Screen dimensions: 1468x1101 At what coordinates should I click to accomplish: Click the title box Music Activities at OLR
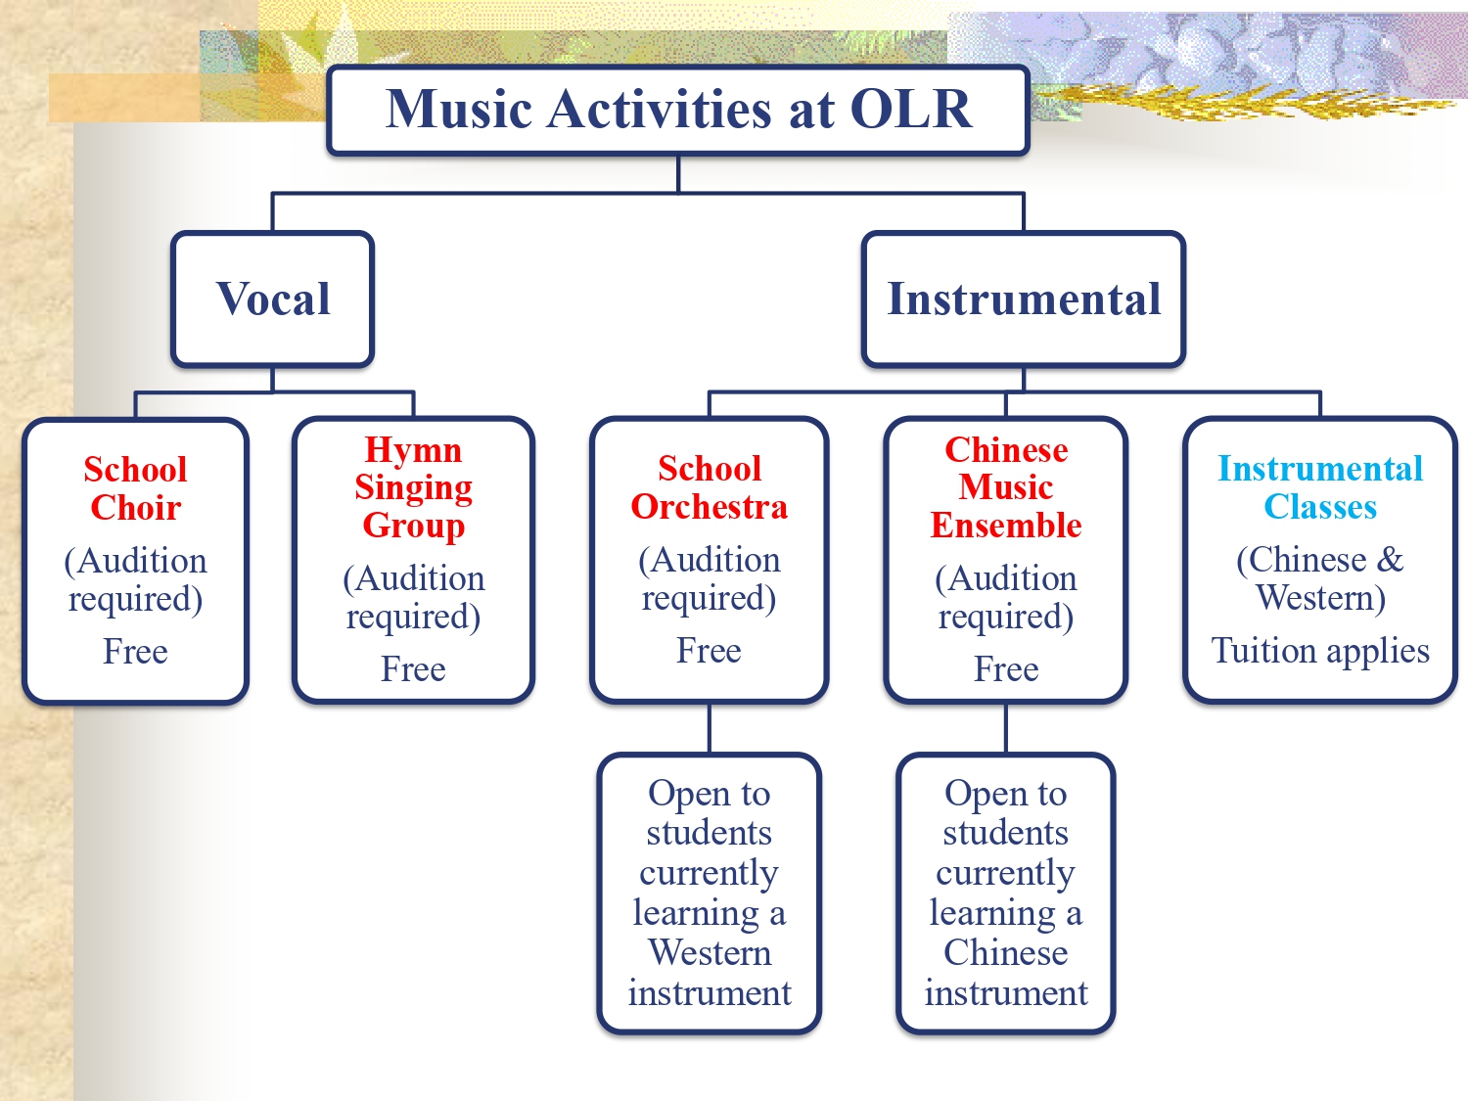click(x=677, y=111)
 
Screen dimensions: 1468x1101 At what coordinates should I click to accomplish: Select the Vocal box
click(x=273, y=298)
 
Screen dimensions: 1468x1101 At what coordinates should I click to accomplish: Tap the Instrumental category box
click(x=1024, y=298)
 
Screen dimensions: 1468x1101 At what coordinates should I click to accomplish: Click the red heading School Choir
click(x=136, y=488)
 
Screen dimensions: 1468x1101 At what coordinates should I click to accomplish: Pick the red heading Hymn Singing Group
click(x=413, y=486)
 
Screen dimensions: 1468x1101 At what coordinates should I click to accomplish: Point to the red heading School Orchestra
click(x=709, y=487)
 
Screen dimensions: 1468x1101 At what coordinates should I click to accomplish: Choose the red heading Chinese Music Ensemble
click(x=1006, y=487)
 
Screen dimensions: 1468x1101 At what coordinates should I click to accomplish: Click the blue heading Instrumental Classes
click(x=1320, y=487)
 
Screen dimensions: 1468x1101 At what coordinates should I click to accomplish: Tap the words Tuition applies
click(x=1320, y=651)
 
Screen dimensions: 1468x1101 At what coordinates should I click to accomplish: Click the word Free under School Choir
click(x=135, y=651)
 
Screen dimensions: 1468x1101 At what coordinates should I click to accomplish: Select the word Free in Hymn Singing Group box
click(x=413, y=668)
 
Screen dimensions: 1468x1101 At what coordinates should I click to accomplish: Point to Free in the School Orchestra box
click(x=709, y=651)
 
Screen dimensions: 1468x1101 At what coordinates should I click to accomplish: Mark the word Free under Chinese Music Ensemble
click(x=1006, y=668)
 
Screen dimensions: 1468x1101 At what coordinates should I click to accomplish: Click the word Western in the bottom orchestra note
click(x=710, y=952)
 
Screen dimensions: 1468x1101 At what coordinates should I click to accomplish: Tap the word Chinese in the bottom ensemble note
click(x=1006, y=952)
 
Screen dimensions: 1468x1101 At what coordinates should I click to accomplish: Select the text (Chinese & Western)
click(x=1320, y=579)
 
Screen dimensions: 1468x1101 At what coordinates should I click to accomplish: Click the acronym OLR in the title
click(x=911, y=109)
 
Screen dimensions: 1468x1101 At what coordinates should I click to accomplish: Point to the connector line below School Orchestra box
click(x=709, y=728)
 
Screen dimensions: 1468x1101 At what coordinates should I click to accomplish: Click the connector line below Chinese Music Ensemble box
click(x=1006, y=728)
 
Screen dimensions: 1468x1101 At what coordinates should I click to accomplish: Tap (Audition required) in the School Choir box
click(x=136, y=579)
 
